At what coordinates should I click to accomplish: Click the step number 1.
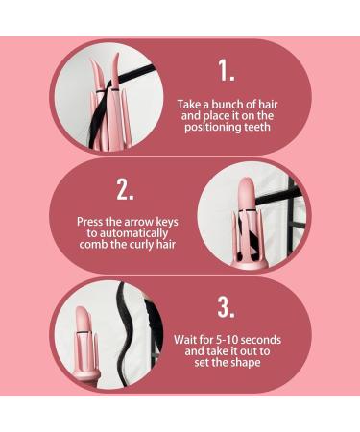pos(227,70)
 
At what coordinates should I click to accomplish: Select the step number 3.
pos(227,307)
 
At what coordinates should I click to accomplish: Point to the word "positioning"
pos(212,127)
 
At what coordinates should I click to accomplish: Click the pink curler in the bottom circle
pos(84,341)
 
